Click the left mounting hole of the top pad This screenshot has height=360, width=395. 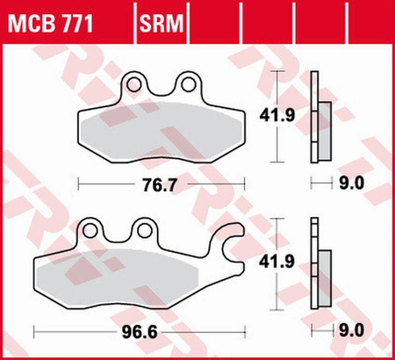click(134, 84)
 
